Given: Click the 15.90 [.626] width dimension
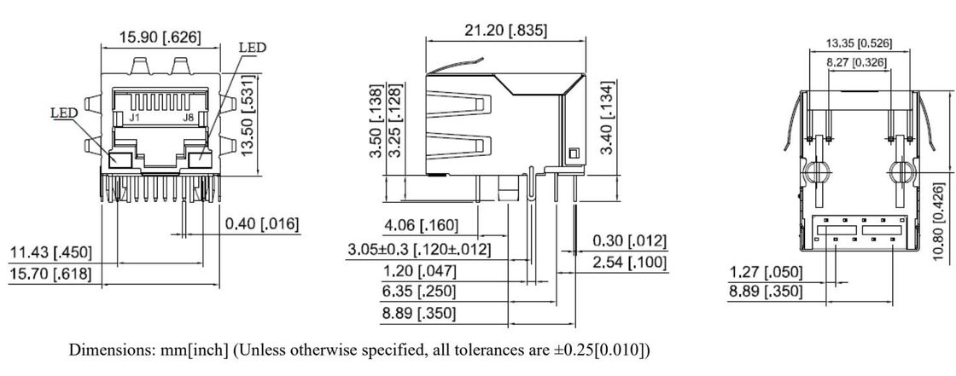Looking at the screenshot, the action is (x=160, y=38).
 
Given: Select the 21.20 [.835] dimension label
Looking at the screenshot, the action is (x=505, y=31).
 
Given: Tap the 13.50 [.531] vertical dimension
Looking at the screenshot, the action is (x=247, y=116).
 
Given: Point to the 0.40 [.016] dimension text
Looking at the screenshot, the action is (x=262, y=224).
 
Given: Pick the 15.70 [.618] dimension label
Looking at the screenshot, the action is (x=50, y=275).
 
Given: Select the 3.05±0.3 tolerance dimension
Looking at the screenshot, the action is (x=419, y=249).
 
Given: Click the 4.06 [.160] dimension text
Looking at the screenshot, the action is (x=421, y=226).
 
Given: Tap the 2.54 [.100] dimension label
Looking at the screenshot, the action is (x=630, y=263).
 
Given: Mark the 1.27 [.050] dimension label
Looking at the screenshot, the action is (x=766, y=272).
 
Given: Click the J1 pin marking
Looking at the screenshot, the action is (x=135, y=119).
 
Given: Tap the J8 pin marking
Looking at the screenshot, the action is (x=189, y=119).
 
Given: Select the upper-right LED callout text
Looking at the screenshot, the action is (x=253, y=48).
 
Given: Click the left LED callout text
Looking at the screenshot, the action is (x=64, y=113).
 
